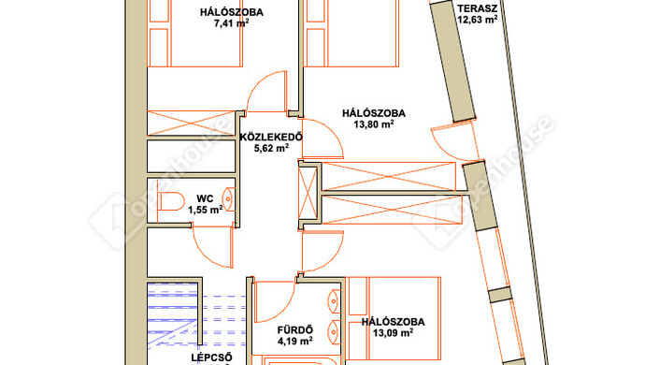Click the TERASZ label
477,8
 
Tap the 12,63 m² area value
477,20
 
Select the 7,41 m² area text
231,23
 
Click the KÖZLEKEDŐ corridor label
271,138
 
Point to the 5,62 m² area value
271,148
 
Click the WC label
205,199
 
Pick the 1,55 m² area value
206,210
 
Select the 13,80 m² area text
374,124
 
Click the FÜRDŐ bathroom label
295,330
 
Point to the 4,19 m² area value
295,341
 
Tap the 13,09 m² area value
393,333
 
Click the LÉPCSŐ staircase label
211,358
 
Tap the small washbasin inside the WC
228,199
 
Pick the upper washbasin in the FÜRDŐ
335,301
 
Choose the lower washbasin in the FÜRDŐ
335,331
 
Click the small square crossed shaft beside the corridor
308,193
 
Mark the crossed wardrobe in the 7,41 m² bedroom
192,123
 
